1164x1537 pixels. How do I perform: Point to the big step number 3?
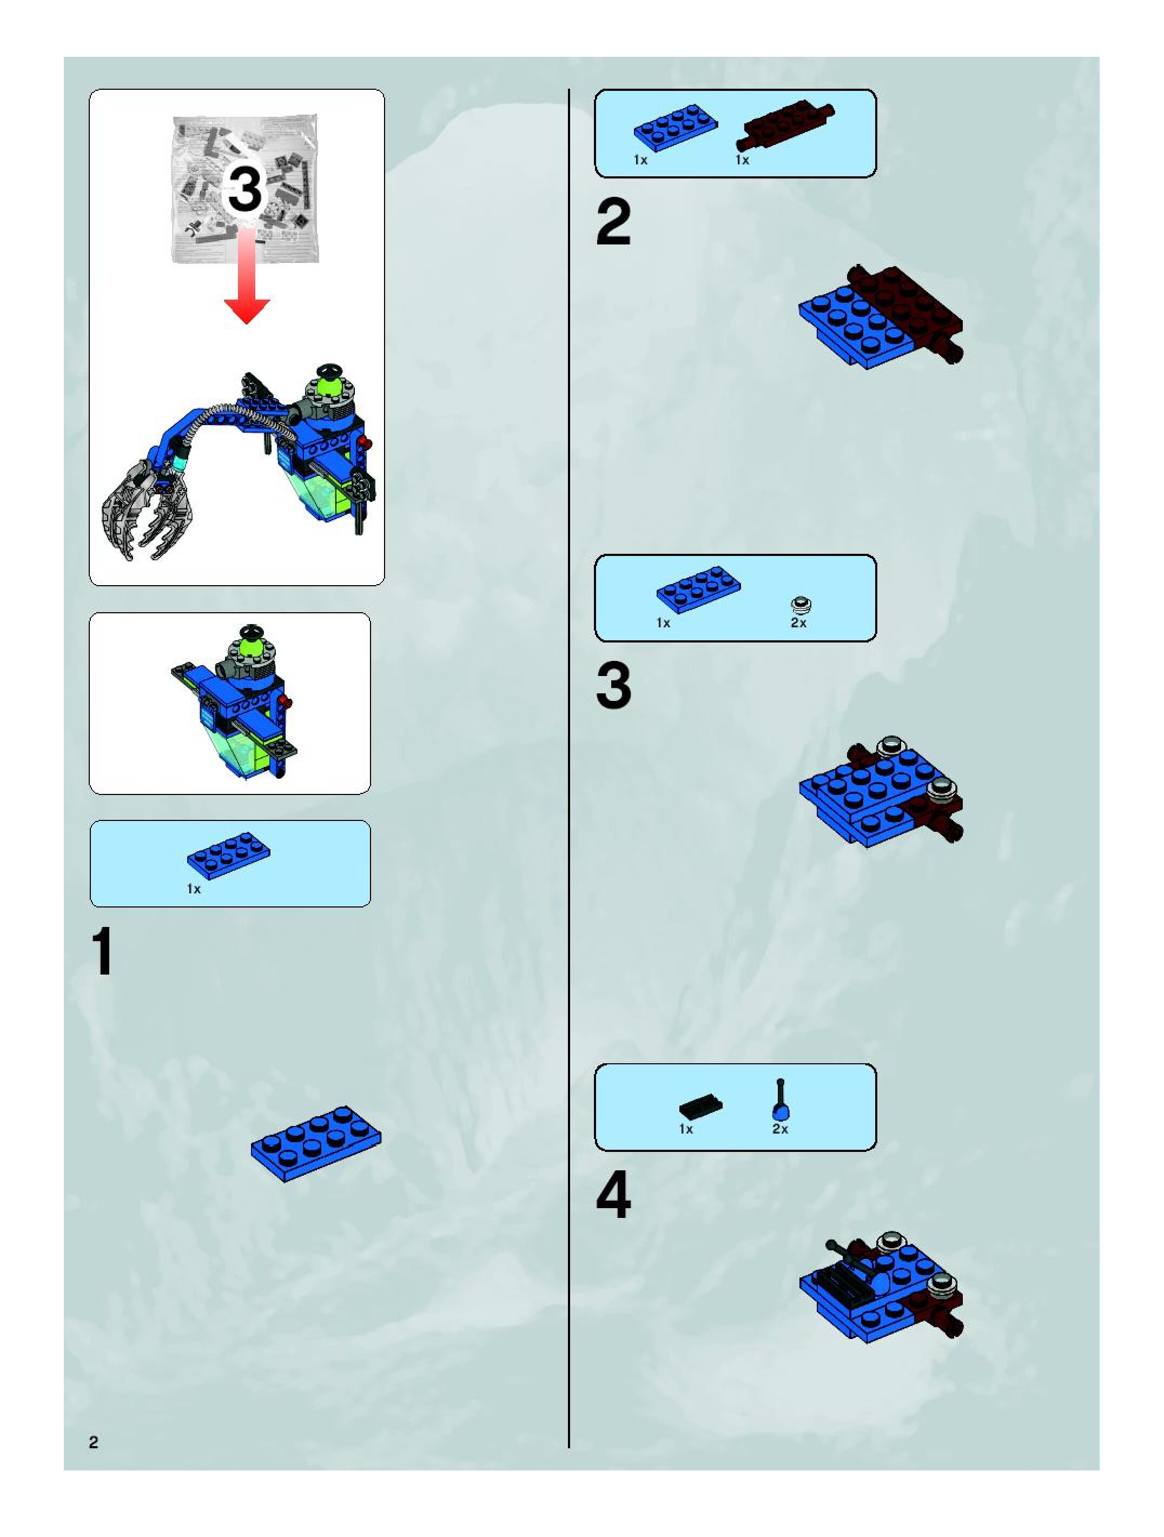(613, 686)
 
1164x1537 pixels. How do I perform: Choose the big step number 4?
(613, 1195)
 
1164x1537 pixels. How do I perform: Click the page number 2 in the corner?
(94, 1442)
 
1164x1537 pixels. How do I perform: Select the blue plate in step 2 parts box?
(675, 128)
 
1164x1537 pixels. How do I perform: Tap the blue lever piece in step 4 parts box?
(781, 1099)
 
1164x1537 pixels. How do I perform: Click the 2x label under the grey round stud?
(798, 623)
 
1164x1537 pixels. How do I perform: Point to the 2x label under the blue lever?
(780, 1129)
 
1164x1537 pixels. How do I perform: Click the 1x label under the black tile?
(686, 1129)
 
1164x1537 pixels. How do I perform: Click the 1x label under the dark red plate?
(742, 161)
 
